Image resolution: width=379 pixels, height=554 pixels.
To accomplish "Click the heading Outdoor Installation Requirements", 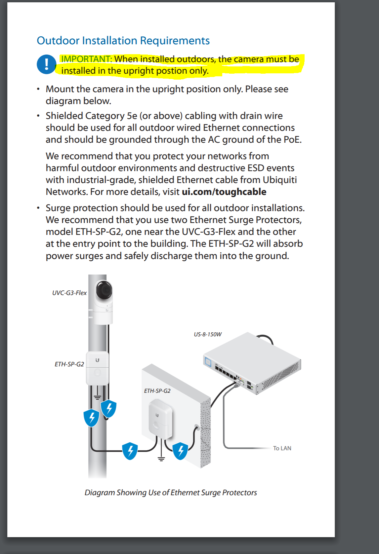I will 123,41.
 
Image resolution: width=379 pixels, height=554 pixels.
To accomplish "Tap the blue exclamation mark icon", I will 46,64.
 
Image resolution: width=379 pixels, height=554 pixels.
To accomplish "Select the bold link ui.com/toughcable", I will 224,192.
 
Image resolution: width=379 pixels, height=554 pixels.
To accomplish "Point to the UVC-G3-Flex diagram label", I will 69,293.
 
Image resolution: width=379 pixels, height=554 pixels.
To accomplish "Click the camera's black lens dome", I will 104,290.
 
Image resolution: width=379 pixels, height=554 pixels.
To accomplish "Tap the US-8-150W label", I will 207,334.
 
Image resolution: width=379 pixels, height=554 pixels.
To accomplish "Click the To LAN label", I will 282,448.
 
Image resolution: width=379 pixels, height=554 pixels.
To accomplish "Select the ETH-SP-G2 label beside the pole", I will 69,364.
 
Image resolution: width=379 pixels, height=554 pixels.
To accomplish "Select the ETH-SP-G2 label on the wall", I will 157,391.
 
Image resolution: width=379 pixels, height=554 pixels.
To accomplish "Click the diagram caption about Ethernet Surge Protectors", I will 171,493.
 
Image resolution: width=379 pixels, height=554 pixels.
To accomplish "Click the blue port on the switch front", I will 208,362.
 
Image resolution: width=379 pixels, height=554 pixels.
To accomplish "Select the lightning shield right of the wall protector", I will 181,451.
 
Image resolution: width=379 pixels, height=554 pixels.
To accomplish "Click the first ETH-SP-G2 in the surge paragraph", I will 98,232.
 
